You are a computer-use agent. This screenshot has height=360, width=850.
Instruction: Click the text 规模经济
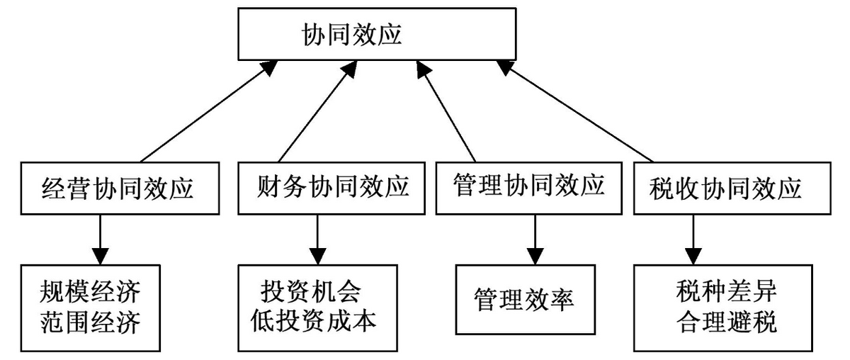(90, 292)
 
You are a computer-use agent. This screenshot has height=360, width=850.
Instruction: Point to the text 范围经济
(90, 322)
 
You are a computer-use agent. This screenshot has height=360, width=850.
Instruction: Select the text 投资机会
(310, 291)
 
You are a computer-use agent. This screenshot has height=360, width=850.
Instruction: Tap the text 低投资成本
(313, 321)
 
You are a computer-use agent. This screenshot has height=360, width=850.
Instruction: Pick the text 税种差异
(726, 291)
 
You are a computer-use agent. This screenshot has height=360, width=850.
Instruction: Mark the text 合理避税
(726, 321)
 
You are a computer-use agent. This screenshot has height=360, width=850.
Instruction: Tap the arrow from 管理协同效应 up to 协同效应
(446, 111)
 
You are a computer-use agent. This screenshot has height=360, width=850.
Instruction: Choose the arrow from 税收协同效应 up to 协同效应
(574, 111)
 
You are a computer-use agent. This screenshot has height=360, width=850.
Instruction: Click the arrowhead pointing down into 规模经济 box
(100, 257)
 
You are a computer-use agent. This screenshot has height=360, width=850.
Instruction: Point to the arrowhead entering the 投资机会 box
(317, 257)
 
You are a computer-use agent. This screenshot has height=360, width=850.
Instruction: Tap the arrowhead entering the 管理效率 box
(535, 257)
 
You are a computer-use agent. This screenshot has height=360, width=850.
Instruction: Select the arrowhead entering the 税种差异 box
(693, 257)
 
